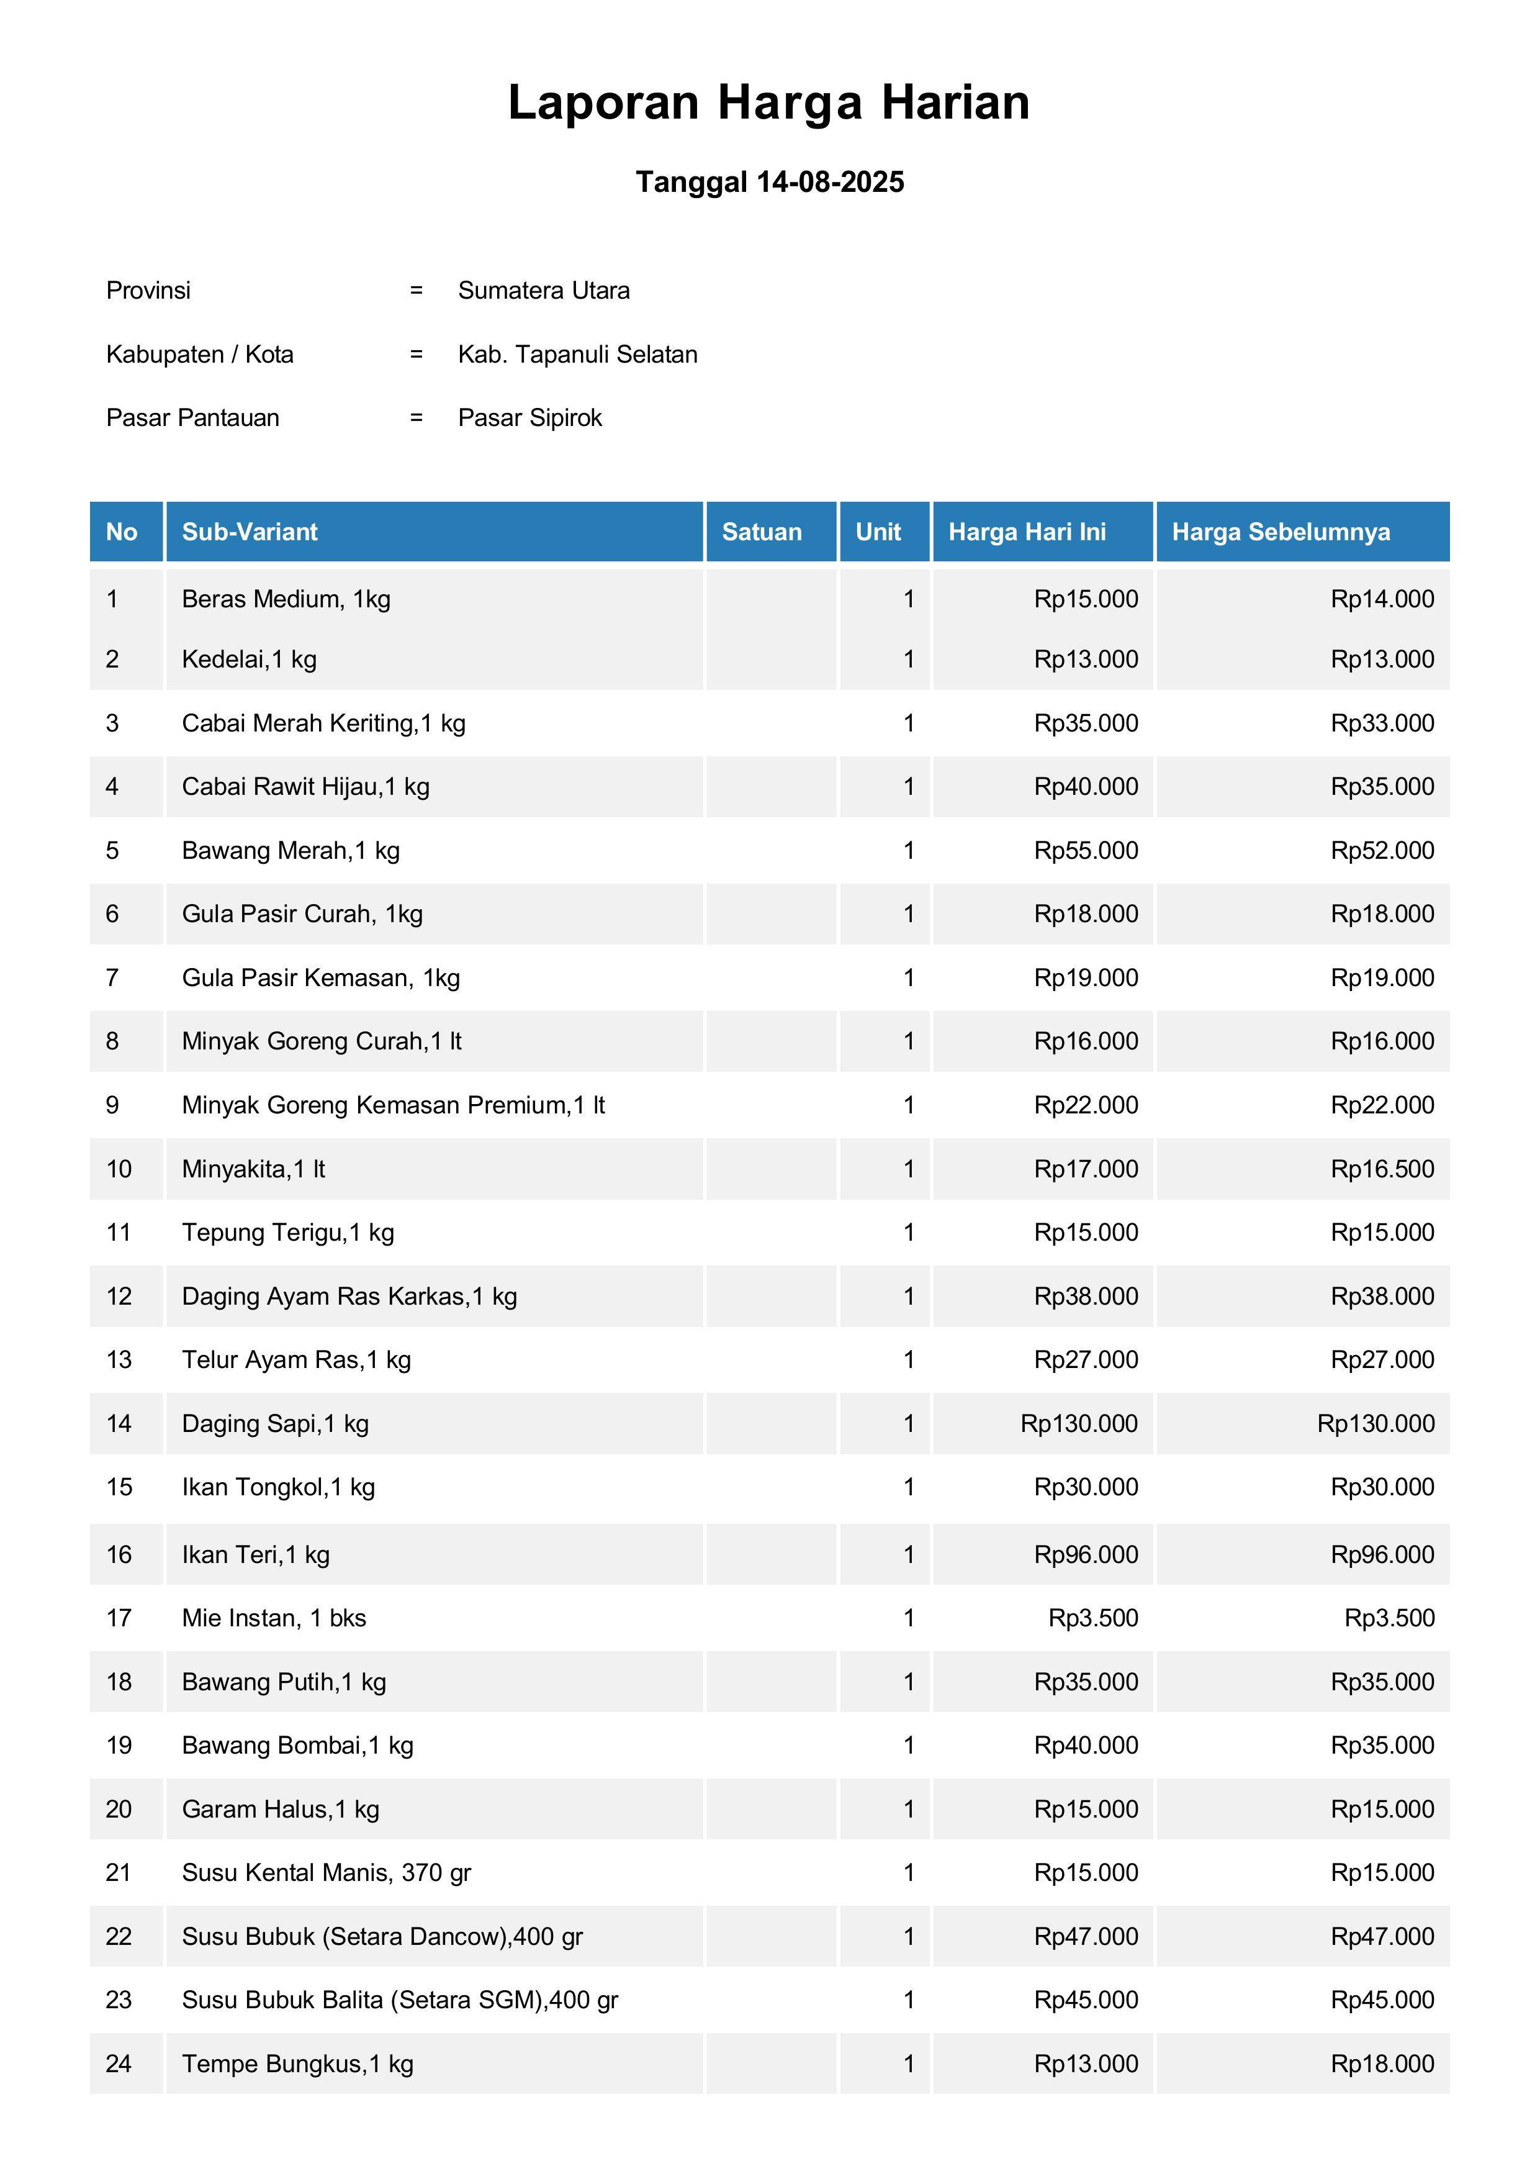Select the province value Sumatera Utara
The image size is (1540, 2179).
tap(544, 291)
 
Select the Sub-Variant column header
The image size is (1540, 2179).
tap(250, 532)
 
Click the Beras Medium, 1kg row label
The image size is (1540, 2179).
tap(286, 599)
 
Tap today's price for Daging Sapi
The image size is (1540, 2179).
tap(1079, 1423)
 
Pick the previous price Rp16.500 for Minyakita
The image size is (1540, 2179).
tap(1382, 1169)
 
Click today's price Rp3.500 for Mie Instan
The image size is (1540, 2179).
tap(1093, 1618)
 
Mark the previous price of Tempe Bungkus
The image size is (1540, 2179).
tap(1382, 2064)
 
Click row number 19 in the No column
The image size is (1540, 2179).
tap(119, 1746)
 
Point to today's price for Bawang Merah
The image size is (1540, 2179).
tap(1086, 850)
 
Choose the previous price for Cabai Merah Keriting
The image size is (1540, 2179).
tap(1382, 723)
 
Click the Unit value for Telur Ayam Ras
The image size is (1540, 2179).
tap(908, 1360)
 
